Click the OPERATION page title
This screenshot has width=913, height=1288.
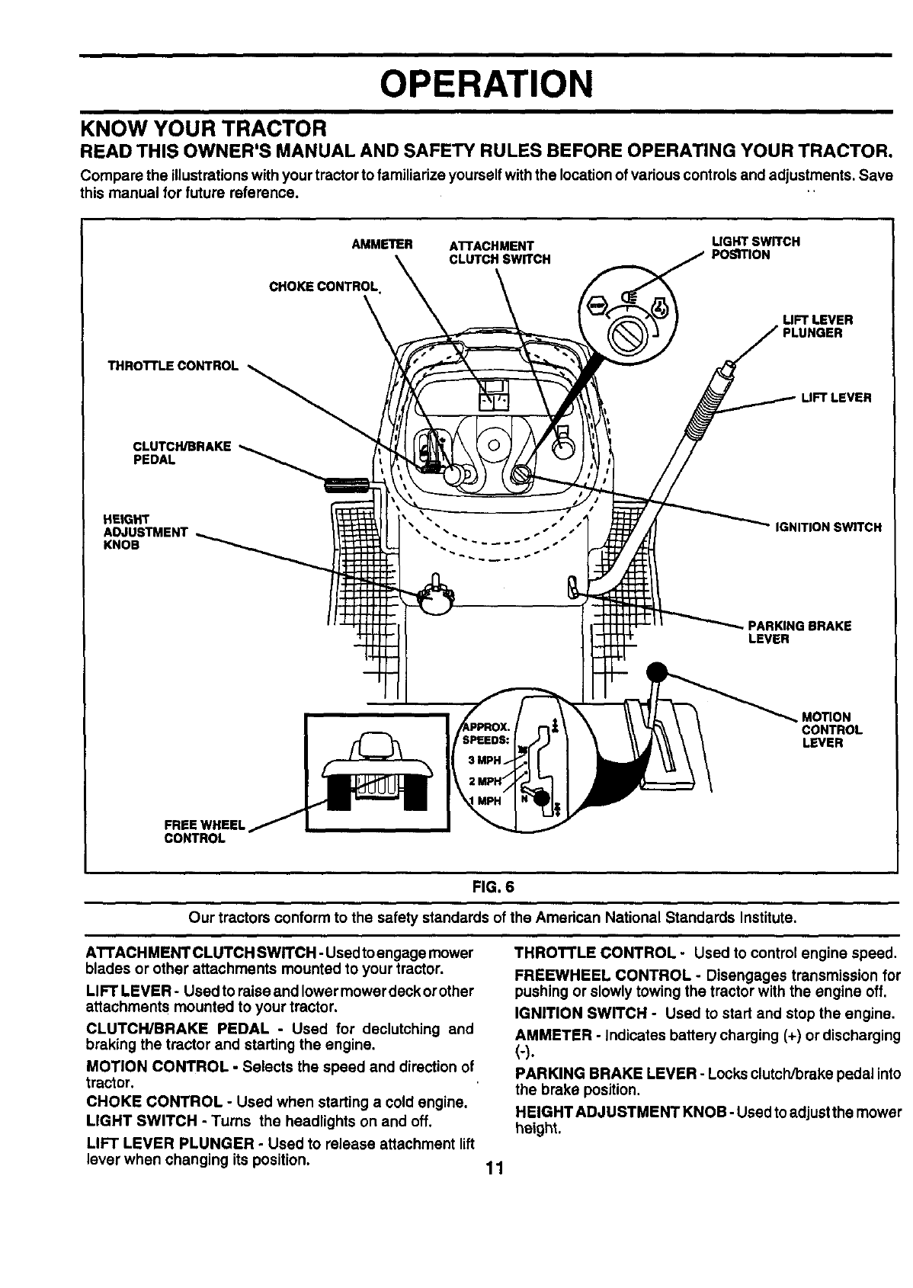pos(486,83)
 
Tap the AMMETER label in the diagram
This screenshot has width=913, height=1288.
pos(383,245)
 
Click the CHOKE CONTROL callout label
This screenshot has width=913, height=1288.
pos(325,287)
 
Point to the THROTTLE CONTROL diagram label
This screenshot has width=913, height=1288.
pos(173,366)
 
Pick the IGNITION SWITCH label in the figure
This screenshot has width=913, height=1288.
pos(828,527)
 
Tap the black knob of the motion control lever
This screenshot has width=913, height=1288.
pos(655,672)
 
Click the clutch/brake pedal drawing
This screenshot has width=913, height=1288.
pos(348,483)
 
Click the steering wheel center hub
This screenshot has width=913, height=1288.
pos(493,444)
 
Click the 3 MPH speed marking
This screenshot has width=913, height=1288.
pos(484,760)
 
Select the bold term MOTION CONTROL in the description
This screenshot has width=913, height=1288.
pos(156,1065)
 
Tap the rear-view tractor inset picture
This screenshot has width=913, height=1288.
pos(376,771)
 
